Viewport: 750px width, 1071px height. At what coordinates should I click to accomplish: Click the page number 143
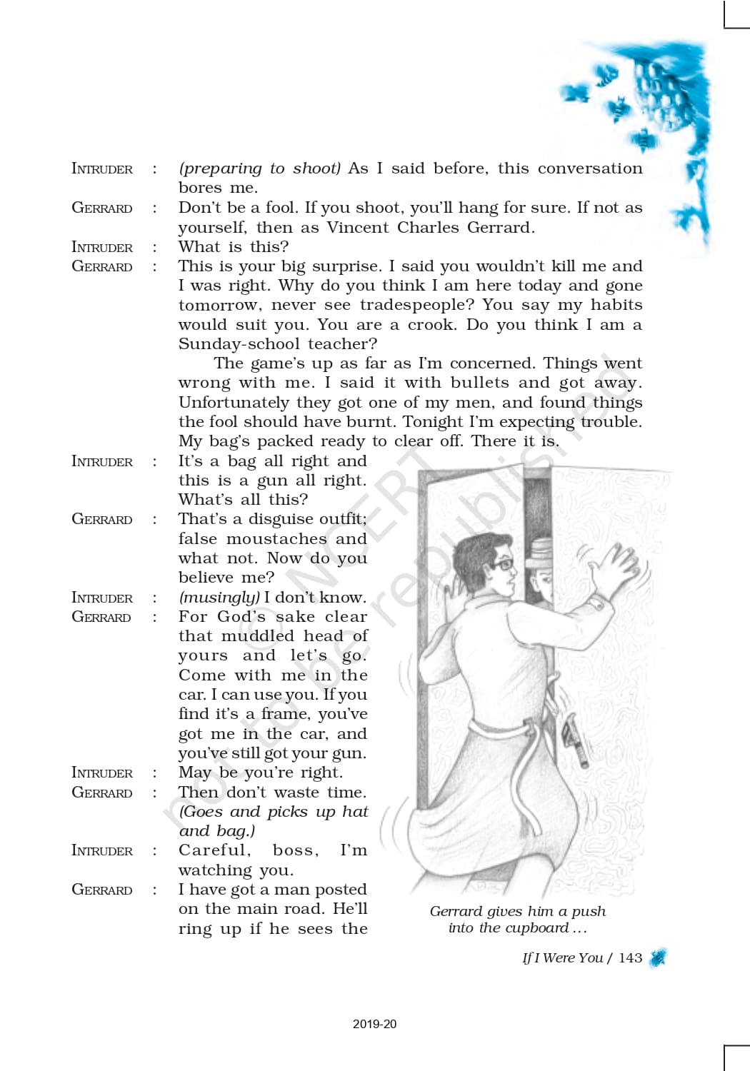[630, 958]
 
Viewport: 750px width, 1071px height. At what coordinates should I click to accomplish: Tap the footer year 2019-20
[374, 1024]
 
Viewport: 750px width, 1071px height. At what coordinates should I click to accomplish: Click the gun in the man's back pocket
[574, 740]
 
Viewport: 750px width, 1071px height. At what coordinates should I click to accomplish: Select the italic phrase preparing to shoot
[260, 169]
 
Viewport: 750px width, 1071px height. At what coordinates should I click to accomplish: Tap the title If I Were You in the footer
[563, 958]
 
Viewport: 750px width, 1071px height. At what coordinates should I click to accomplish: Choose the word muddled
[257, 636]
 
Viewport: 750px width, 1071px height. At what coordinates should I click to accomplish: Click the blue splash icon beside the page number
[659, 958]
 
